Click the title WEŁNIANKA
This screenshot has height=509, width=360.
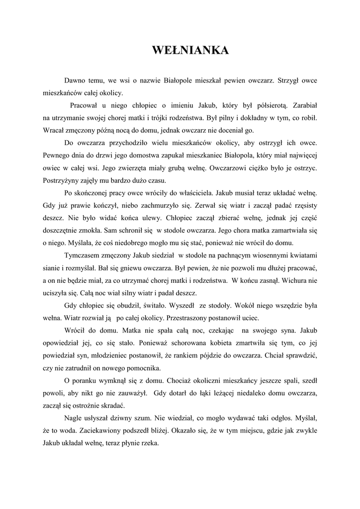[190, 51]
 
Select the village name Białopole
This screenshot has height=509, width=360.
[180, 80]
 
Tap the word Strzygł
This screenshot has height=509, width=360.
[288, 80]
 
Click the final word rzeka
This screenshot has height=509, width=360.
[149, 443]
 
